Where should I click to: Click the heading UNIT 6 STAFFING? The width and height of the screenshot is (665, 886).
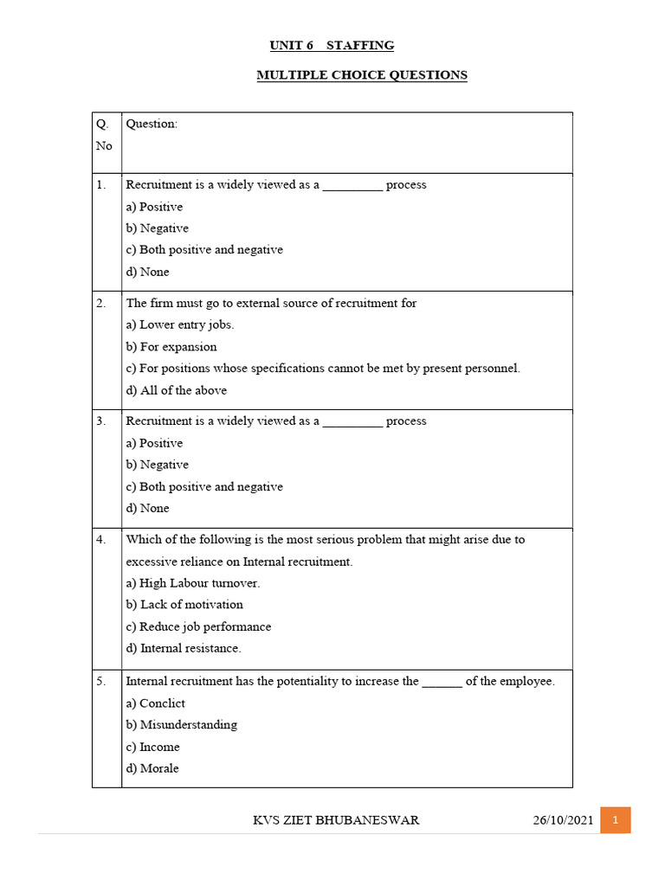pos(332,45)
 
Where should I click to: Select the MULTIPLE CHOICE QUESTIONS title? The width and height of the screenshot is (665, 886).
pos(362,75)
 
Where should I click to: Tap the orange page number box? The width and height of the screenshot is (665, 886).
pos(615,820)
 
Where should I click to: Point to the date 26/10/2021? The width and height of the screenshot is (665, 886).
pos(564,820)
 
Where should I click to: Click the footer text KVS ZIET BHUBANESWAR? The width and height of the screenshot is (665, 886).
pos(336,820)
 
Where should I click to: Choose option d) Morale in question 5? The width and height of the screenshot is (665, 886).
pos(152,768)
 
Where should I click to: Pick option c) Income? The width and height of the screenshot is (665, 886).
pos(153,747)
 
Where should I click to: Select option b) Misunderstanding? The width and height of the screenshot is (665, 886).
pos(182,725)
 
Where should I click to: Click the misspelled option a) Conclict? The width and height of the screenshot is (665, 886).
pos(156,703)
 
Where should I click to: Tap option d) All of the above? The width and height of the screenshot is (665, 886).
pos(177,390)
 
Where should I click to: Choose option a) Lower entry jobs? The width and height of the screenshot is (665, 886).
pos(180,325)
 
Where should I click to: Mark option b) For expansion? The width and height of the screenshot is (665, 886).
pos(171,347)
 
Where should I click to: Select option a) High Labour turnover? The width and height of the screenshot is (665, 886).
pos(193,583)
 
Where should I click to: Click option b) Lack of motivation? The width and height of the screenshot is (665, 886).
pos(184,605)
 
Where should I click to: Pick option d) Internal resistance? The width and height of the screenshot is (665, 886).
pos(184,648)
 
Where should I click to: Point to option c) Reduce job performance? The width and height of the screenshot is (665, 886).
pos(198,626)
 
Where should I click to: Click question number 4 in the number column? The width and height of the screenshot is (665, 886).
pos(101,540)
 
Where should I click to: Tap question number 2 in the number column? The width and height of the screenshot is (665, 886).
pos(101,304)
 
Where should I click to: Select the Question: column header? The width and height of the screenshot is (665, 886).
pos(152,124)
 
